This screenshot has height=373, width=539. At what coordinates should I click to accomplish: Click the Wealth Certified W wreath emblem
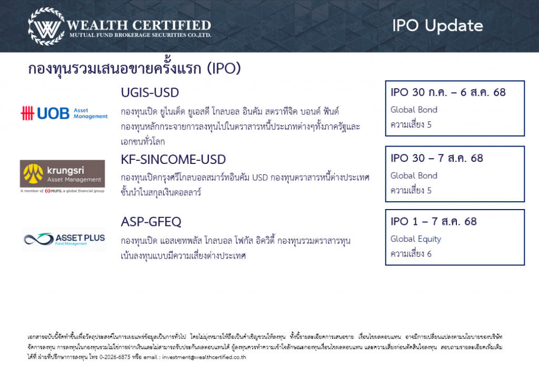pos(46,26)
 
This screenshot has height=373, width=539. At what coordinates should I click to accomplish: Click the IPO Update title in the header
pos(437,26)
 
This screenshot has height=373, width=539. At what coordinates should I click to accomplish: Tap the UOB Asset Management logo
pos(64,113)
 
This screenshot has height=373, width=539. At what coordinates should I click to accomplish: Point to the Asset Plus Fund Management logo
pos(64,239)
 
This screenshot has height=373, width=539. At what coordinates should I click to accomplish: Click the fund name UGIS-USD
pos(150,92)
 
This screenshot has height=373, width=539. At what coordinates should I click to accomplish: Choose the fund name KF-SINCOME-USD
pos(173,160)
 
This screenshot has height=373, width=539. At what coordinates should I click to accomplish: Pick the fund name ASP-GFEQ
pos(151,222)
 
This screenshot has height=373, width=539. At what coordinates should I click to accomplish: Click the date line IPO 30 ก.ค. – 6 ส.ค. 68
pos(448,92)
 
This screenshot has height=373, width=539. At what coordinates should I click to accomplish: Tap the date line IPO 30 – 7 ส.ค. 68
pos(436,158)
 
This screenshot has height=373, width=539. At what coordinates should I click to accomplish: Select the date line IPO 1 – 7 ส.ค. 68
pos(434,222)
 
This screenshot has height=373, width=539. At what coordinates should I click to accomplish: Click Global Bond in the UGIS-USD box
pos(414,110)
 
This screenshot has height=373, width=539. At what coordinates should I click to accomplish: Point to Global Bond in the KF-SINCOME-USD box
pos(414,175)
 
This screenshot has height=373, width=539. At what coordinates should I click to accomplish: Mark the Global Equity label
pos(416,239)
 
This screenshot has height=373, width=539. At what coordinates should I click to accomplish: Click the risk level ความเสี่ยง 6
pos(411,254)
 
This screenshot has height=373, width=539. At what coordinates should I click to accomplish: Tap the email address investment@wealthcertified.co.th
pos(204,357)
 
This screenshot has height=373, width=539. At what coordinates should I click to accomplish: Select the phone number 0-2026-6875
pos(115,357)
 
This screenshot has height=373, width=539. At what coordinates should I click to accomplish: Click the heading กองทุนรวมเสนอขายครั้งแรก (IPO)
pos(134,68)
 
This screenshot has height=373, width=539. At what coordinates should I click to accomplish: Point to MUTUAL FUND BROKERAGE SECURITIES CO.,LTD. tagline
pos(140,35)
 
